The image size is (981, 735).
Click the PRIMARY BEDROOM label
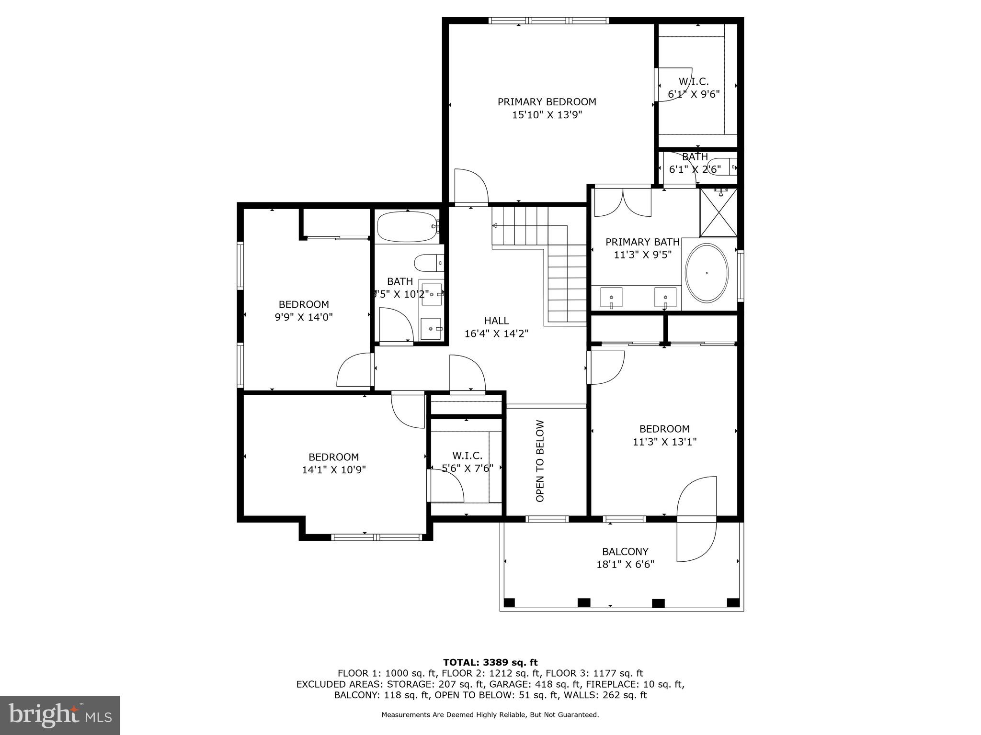[x=547, y=102]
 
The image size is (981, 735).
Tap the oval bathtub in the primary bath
[x=707, y=273]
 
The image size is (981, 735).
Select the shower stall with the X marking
[x=718, y=212]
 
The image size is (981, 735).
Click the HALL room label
[x=496, y=321]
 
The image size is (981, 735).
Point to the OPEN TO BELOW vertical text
[x=540, y=461]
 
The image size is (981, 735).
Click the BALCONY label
[x=625, y=551]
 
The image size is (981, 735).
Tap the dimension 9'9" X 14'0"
[x=304, y=317]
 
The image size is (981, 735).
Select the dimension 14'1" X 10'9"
[x=334, y=470]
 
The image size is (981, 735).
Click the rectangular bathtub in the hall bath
[x=407, y=227]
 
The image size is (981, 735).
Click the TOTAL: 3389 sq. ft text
[x=490, y=662]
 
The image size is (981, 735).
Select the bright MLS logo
[x=59, y=715]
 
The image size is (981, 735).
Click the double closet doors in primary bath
[x=622, y=202]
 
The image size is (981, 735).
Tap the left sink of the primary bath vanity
[x=611, y=298]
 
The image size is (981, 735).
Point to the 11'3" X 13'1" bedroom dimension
[x=664, y=442]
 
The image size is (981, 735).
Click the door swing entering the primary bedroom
[x=471, y=187]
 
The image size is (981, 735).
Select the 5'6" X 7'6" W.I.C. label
[x=467, y=468]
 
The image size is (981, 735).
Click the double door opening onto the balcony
[x=696, y=519]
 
